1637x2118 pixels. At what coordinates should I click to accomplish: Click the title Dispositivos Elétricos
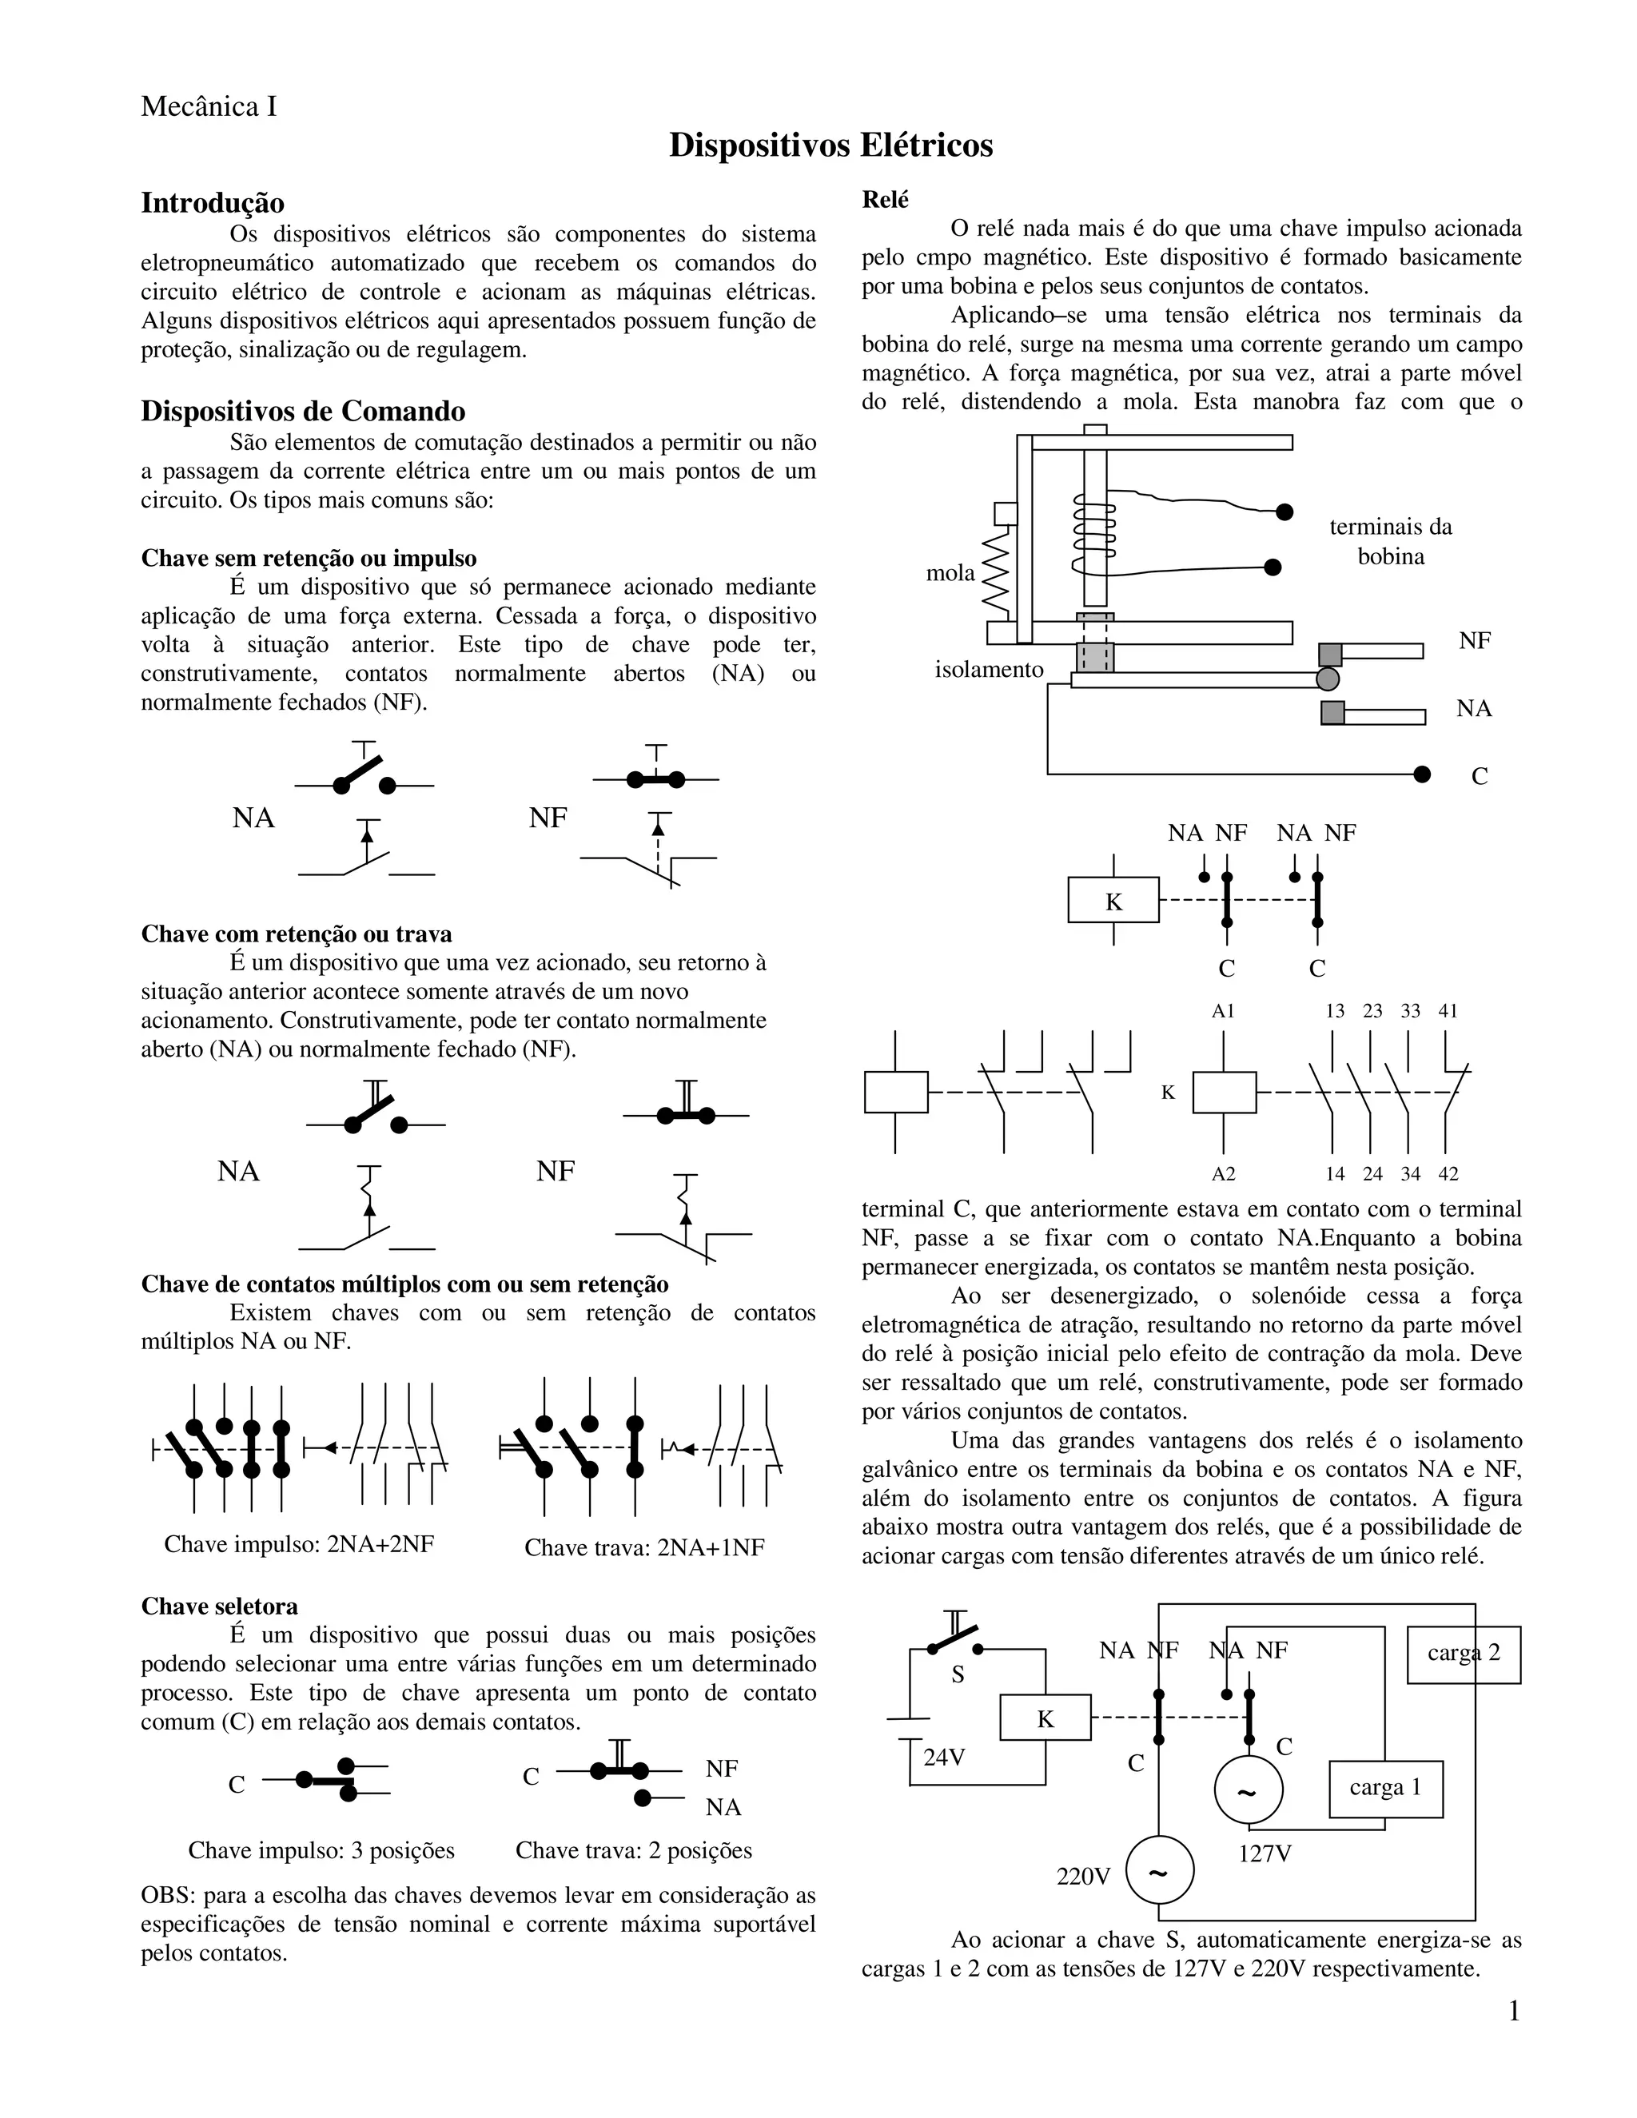pyautogui.click(x=830, y=145)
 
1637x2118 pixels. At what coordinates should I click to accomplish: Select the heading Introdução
pyautogui.click(x=213, y=203)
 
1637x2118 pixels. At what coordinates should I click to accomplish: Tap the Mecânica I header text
pyautogui.click(x=209, y=106)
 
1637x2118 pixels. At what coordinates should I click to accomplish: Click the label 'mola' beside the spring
pyautogui.click(x=950, y=572)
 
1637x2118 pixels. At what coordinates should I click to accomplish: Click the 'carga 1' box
pyautogui.click(x=1385, y=1787)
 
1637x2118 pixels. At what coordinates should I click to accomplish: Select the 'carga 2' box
pyautogui.click(x=1464, y=1653)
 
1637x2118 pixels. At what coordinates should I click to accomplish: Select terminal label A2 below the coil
pyautogui.click(x=1223, y=1173)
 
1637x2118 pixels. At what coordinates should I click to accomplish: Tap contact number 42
pyautogui.click(x=1447, y=1173)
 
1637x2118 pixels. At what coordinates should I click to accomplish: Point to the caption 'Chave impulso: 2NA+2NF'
pyautogui.click(x=299, y=1544)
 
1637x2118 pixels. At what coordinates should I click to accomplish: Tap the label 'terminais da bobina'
pyautogui.click(x=1390, y=541)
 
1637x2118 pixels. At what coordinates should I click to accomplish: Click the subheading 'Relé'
pyautogui.click(x=886, y=200)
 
